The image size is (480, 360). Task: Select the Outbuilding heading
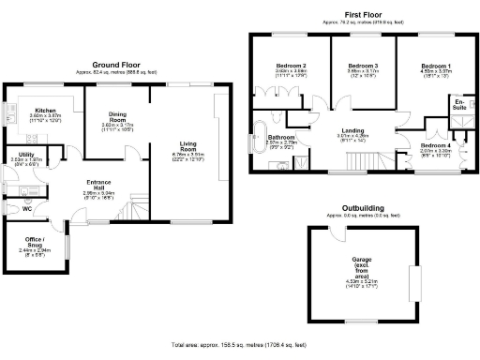(x=362, y=209)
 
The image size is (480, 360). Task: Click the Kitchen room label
(x=46, y=111)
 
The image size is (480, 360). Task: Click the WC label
(x=26, y=209)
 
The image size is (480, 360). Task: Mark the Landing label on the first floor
(x=352, y=130)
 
